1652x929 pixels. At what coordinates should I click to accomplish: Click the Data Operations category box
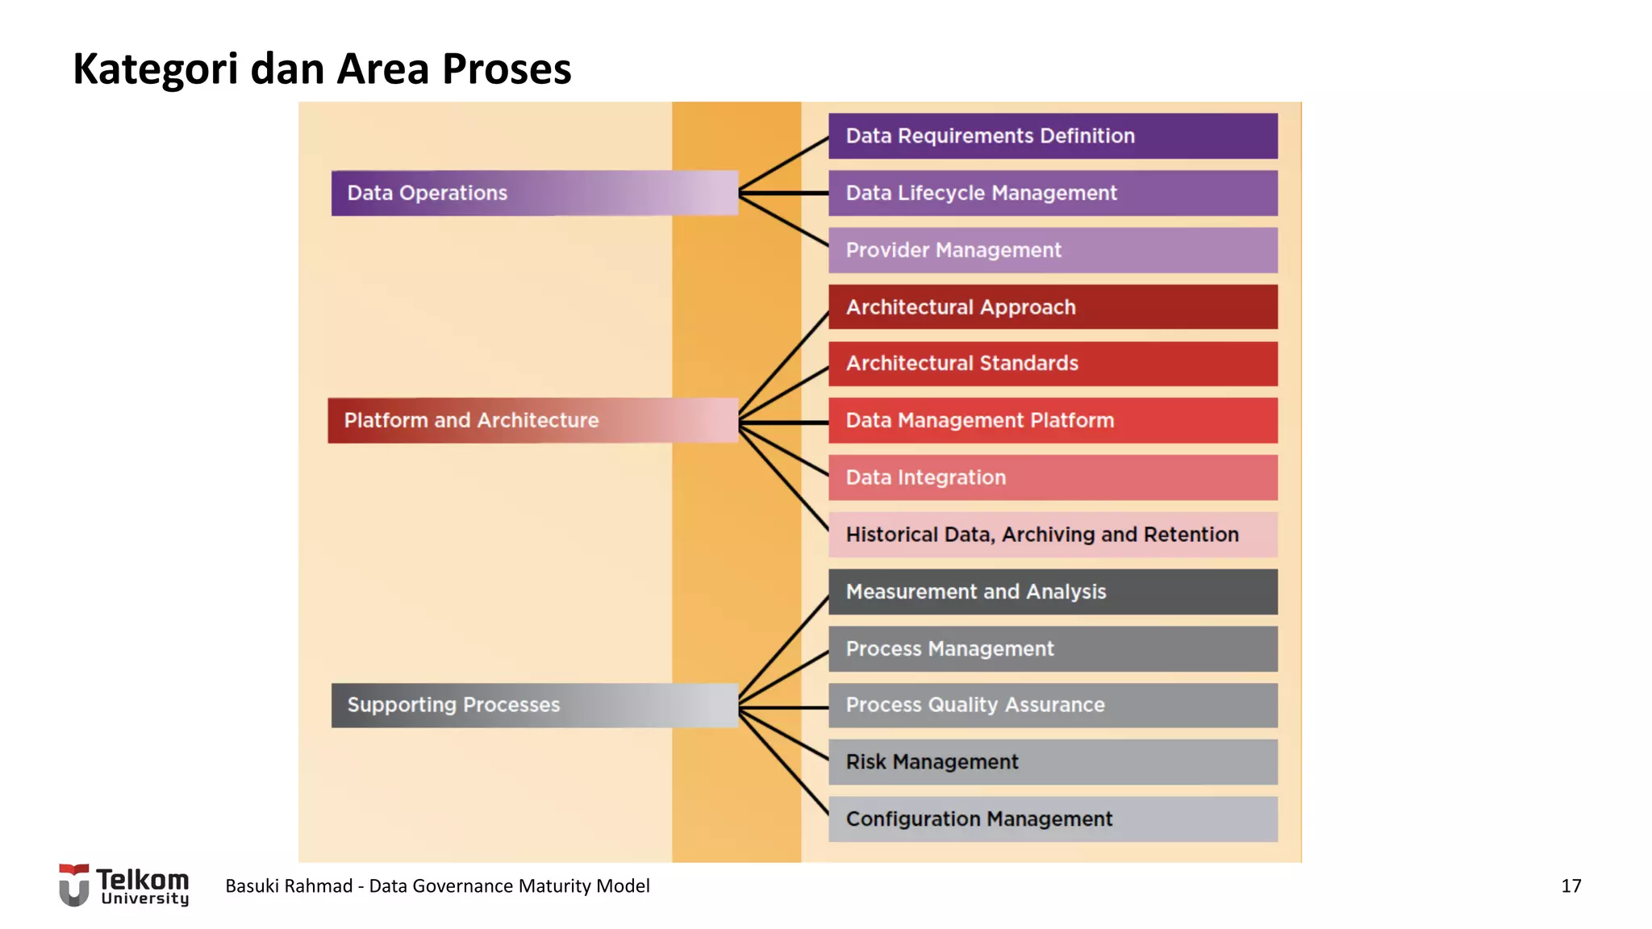pos(534,193)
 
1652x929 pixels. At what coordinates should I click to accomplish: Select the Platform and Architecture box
pos(532,420)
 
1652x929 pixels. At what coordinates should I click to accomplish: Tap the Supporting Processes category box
pos(534,705)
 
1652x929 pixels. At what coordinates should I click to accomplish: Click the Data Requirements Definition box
pos(1053,135)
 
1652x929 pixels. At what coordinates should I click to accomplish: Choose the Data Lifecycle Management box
pos(1053,193)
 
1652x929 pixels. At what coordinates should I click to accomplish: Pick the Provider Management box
pos(1053,250)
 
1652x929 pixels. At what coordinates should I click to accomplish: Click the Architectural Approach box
pos(1053,307)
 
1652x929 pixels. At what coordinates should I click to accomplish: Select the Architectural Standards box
pos(1053,364)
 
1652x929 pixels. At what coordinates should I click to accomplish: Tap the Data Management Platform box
pos(1053,420)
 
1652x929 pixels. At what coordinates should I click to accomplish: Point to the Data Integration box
pos(1053,477)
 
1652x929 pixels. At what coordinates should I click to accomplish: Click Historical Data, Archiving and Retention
pos(1053,535)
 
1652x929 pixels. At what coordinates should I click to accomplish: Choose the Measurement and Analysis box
pos(1053,592)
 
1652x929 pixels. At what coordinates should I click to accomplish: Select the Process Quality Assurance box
pos(1053,705)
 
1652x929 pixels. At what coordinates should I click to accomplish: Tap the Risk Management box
pos(1053,762)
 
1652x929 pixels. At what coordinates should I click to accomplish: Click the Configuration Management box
pos(1053,819)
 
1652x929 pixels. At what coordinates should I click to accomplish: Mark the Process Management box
pos(1053,649)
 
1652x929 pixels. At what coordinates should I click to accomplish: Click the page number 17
pos(1571,886)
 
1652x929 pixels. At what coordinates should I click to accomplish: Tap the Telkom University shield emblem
pos(74,885)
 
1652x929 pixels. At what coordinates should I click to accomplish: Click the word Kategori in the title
pos(155,69)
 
